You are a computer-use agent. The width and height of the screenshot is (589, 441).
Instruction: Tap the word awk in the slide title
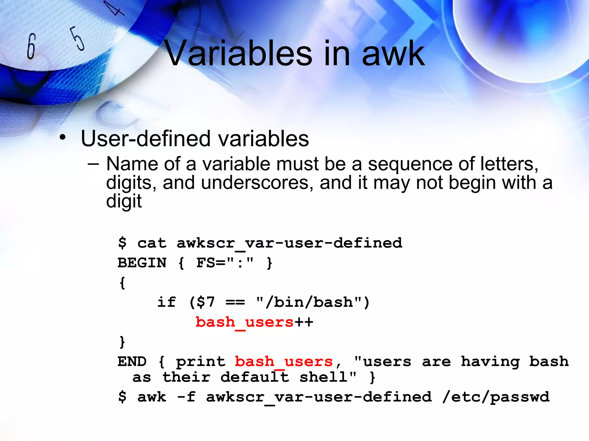[393, 54]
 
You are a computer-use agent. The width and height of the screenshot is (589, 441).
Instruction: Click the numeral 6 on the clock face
[31, 46]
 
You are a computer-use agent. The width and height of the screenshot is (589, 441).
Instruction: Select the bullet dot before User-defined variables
[62, 138]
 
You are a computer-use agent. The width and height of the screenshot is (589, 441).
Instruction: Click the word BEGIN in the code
[142, 263]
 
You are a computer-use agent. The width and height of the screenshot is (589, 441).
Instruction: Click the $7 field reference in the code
[206, 302]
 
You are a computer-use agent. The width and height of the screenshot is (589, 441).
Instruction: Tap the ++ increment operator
[304, 322]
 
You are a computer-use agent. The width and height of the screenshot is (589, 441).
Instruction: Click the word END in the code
[132, 361]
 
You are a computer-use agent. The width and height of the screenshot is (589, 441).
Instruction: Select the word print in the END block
[201, 361]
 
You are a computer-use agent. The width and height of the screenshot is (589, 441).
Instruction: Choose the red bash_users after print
[284, 361]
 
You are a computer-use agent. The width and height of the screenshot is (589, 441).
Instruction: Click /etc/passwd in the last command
[496, 397]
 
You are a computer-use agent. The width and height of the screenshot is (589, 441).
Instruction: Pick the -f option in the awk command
[186, 397]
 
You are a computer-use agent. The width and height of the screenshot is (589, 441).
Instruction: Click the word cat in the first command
[152, 243]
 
